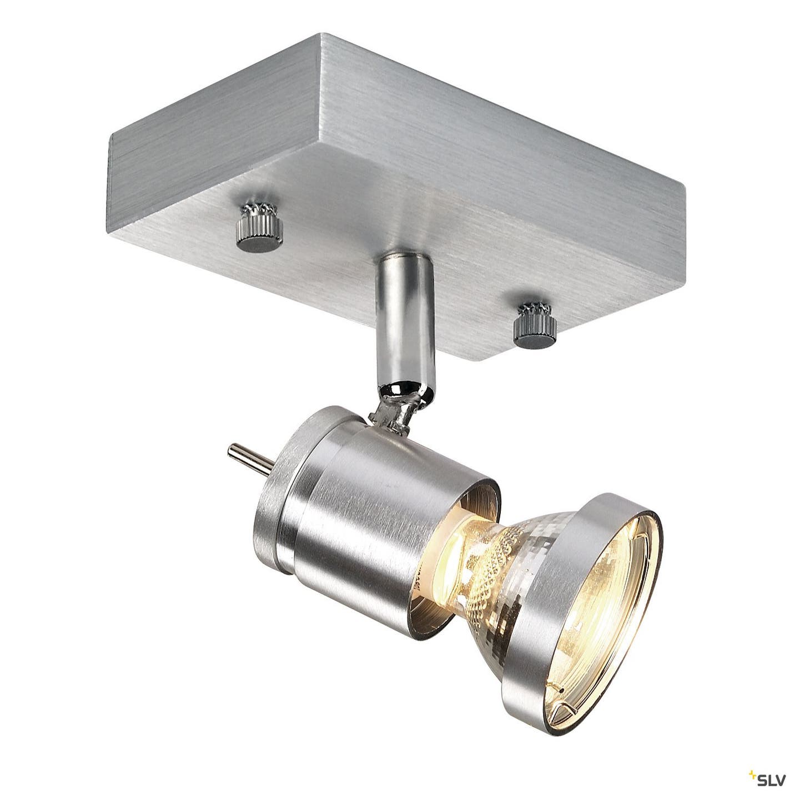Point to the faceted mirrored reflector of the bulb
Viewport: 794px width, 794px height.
click(x=502, y=550)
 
